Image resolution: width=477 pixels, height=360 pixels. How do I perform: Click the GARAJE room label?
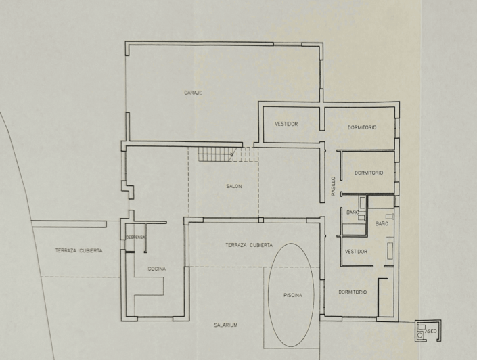click(194, 93)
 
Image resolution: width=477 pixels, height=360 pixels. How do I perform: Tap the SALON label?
click(234, 186)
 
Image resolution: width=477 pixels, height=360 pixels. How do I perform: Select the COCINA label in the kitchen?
click(157, 269)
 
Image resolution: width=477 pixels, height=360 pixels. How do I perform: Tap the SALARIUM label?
click(225, 325)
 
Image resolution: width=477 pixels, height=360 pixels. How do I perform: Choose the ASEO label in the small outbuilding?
click(431, 331)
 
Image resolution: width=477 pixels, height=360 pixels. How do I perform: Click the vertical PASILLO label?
click(333, 187)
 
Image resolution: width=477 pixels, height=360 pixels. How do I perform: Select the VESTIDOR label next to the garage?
click(286, 124)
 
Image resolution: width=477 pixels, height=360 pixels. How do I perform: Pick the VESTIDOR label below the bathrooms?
click(356, 251)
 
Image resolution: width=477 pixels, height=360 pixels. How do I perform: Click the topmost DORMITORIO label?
click(362, 127)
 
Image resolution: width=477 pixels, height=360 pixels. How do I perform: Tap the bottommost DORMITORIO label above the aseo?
click(352, 292)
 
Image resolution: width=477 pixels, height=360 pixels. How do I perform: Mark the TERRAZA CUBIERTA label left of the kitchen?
click(79, 250)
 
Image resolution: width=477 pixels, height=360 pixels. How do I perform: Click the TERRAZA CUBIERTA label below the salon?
click(249, 245)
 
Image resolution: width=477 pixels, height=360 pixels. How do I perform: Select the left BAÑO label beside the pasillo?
click(353, 212)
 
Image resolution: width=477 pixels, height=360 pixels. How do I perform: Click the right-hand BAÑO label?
click(381, 223)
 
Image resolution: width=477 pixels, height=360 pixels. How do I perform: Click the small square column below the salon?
click(260, 220)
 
